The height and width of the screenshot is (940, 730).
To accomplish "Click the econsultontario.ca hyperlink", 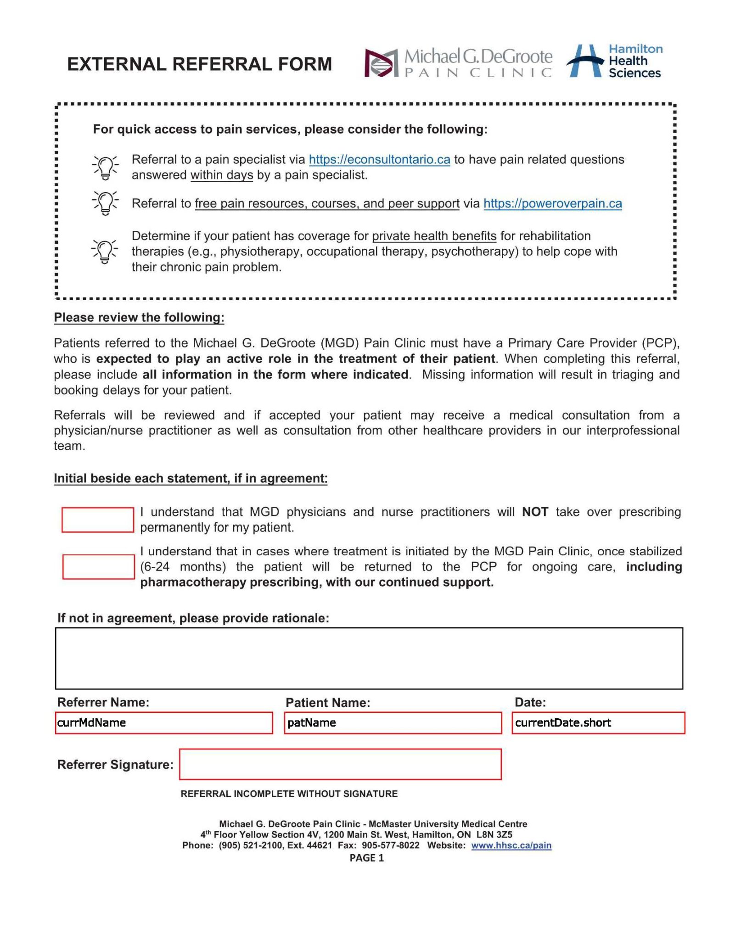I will point(379,159).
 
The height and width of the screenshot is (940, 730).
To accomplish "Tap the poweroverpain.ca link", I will point(552,203).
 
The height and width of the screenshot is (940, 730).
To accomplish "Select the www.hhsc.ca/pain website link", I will point(511,845).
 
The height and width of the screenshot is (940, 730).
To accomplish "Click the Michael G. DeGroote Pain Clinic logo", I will point(458,63).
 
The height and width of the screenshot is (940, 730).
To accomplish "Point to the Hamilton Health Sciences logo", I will point(614,61).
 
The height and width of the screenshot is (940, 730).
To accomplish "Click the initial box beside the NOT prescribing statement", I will point(98,520).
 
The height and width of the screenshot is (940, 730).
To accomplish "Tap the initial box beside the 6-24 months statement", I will point(98,567).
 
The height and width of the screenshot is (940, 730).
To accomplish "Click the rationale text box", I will point(369,658).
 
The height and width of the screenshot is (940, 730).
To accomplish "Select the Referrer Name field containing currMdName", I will point(164,723).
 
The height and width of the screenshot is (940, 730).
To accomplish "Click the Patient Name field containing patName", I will point(393,723).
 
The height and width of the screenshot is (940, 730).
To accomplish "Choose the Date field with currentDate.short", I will point(598,723).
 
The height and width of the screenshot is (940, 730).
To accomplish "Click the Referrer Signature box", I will point(340,764).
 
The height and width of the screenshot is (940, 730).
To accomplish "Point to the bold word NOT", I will point(535,512).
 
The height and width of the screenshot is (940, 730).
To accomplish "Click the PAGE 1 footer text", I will point(366,858).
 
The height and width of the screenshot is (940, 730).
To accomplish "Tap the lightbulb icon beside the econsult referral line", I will point(105,167).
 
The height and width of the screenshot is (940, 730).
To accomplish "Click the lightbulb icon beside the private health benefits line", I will point(105,251).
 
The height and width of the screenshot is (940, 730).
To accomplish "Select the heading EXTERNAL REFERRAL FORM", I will point(199,64).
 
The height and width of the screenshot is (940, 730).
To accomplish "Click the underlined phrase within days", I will point(222,175).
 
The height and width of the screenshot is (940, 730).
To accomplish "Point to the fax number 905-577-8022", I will point(390,845).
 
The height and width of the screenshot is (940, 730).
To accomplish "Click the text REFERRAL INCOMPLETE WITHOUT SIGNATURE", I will point(289,794).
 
